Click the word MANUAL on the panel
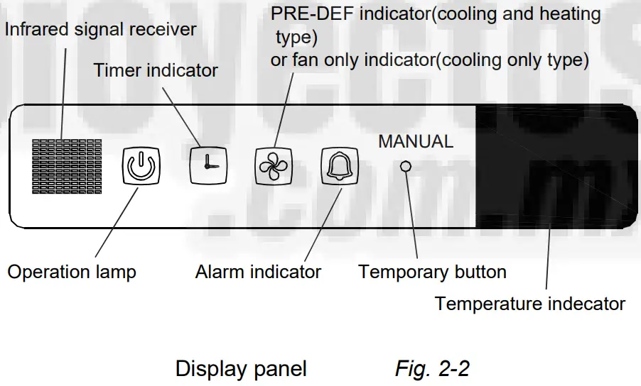tap(415, 141)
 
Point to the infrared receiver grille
tap(67, 166)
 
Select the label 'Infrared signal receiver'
tap(101, 31)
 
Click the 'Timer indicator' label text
tap(156, 70)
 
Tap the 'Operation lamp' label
tap(71, 272)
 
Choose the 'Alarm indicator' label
tap(258, 272)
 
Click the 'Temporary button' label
tap(432, 272)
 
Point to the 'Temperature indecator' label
tap(529, 304)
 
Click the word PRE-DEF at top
tap(310, 14)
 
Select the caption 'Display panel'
tap(241, 369)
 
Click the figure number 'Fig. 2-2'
tap(432, 369)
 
